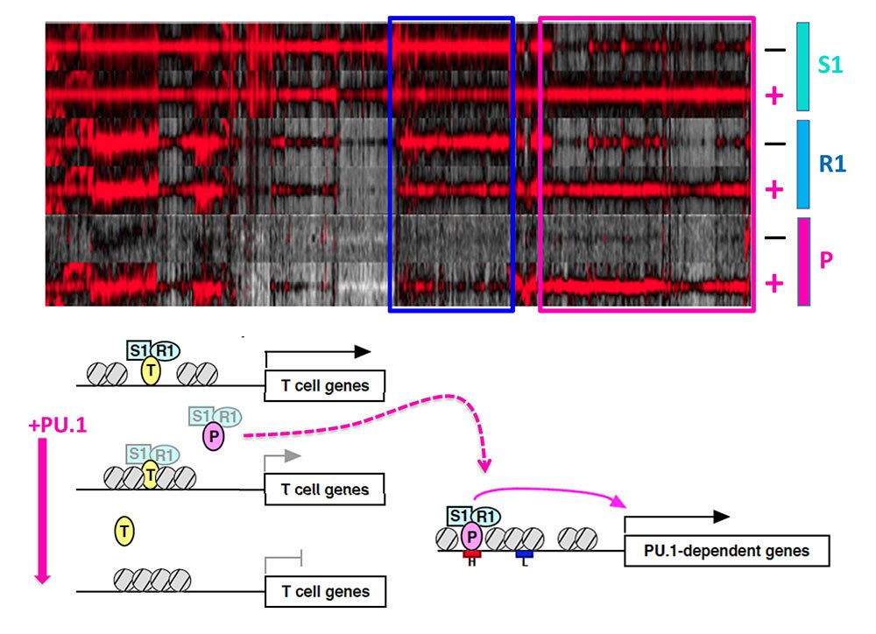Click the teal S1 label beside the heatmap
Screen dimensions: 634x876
coord(830,65)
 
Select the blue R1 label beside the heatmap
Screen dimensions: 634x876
coord(831,163)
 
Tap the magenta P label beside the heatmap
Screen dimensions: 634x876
coord(826,260)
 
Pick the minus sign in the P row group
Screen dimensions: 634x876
coord(774,237)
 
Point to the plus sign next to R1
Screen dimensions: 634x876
coord(774,189)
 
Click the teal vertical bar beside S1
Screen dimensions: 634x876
coord(802,67)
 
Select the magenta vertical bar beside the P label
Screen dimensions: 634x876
coord(803,261)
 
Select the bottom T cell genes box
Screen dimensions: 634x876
coord(324,591)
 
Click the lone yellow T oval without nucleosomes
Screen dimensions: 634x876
coord(125,530)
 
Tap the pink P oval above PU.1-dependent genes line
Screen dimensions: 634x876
coord(473,535)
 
